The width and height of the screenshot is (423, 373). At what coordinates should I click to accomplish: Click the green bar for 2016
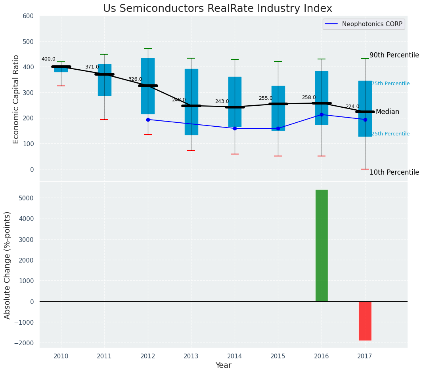(x=322, y=245)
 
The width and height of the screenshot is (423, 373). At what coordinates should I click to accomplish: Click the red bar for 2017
(x=365, y=321)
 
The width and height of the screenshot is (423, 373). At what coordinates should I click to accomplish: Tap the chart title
(x=218, y=8)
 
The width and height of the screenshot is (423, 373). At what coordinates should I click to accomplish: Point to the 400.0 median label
(x=48, y=59)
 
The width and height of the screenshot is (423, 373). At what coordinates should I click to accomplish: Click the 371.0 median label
(x=92, y=67)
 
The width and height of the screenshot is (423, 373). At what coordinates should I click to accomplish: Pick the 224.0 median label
(x=352, y=107)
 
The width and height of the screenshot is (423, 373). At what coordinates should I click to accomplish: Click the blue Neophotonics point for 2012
(x=148, y=120)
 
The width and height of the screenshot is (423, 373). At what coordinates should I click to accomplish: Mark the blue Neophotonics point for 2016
(x=322, y=114)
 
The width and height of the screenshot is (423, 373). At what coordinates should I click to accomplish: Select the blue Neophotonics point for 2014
(x=235, y=128)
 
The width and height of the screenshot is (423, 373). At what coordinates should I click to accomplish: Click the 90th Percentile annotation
(x=394, y=55)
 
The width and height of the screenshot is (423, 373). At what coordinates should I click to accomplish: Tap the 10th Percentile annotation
(x=394, y=172)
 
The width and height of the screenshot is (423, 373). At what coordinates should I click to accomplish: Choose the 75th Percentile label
(x=390, y=84)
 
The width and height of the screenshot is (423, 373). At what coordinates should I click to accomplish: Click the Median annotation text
(x=387, y=112)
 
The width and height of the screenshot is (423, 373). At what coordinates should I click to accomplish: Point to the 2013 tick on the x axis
(x=191, y=356)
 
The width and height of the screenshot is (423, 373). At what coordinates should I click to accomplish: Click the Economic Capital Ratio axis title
(x=16, y=99)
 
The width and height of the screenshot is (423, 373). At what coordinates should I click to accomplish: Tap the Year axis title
(x=223, y=365)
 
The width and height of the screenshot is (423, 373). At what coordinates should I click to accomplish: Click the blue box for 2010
(x=61, y=69)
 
